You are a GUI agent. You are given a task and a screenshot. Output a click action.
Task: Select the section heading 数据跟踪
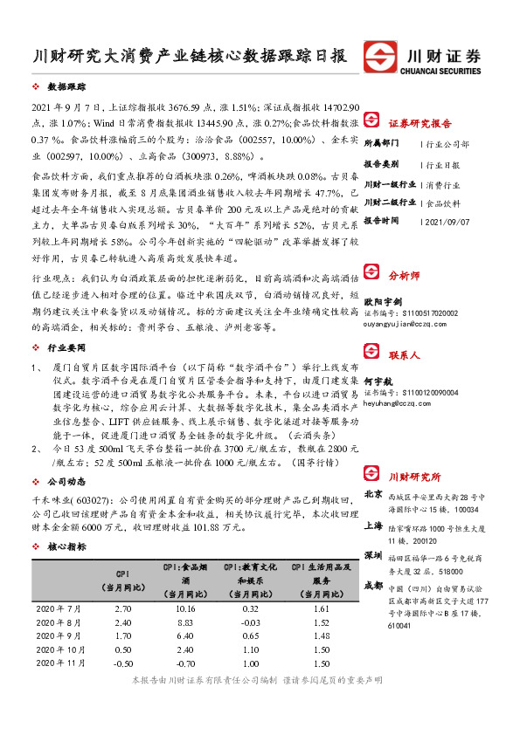click(66, 88)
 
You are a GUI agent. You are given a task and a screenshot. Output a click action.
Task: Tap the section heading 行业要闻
click(66, 347)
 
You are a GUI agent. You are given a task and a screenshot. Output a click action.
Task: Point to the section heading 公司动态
click(66, 481)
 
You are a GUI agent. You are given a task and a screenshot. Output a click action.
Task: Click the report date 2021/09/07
click(446, 221)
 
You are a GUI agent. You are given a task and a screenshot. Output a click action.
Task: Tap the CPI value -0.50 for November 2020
click(122, 663)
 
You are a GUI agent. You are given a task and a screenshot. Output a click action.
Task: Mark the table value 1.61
click(321, 607)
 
